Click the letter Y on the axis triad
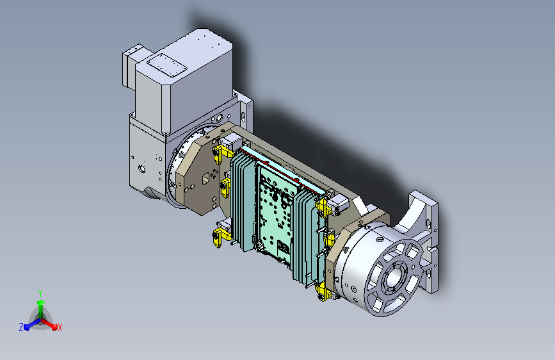(x=40, y=293)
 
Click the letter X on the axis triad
(x=60, y=327)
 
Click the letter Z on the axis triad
(x=21, y=327)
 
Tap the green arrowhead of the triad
(x=41, y=303)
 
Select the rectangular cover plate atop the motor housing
(x=166, y=65)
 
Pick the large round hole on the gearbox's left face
(x=142, y=168)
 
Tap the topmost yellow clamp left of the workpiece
(x=222, y=154)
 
